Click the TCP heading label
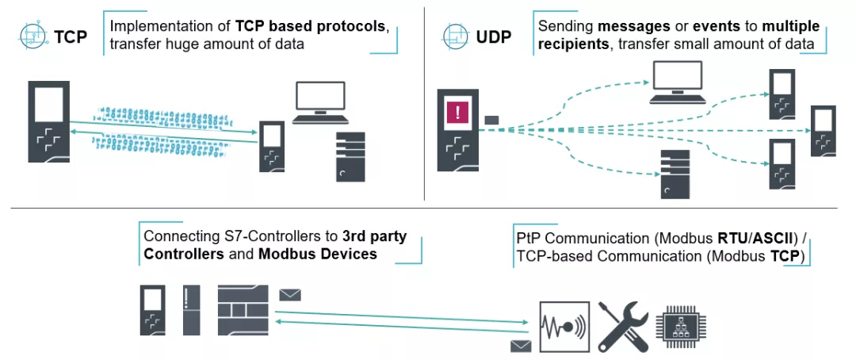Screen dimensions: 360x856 coord(71,36)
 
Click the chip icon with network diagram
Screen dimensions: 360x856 coord(681,326)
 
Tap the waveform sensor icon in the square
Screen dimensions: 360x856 coord(564,326)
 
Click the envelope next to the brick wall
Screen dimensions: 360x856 coord(290,295)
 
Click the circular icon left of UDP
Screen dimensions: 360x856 coord(454,36)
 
